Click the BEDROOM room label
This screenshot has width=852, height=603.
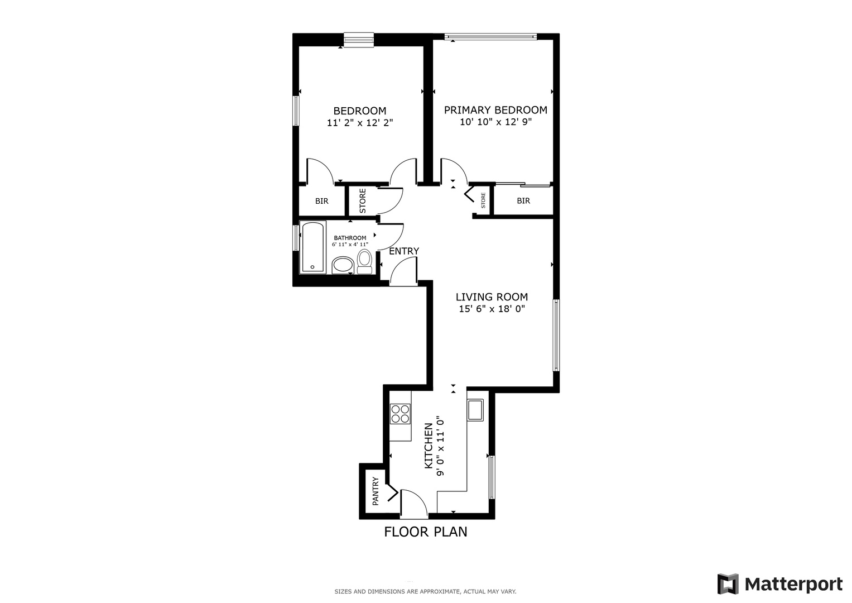tap(359, 111)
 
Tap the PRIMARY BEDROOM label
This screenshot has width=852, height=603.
tap(495, 110)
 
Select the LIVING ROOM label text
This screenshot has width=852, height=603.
tap(492, 297)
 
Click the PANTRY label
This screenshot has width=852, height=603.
tap(376, 491)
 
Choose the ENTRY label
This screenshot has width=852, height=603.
tap(403, 251)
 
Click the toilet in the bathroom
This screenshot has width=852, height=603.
tap(364, 261)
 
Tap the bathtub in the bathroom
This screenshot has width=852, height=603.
tap(312, 247)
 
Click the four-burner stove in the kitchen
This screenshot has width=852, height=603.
tap(400, 414)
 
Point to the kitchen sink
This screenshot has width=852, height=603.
tap(475, 410)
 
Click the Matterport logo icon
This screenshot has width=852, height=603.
tap(728, 584)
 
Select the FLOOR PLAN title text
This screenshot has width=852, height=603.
tap(425, 532)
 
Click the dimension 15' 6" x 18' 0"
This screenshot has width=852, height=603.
tap(492, 309)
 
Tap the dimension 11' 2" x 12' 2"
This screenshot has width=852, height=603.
tap(360, 123)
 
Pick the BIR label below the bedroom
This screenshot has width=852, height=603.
tap(321, 201)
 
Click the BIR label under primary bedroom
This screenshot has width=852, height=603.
tap(523, 200)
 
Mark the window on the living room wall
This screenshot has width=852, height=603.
tap(556, 336)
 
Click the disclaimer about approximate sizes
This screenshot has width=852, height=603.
tap(425, 591)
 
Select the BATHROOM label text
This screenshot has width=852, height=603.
tap(350, 238)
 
